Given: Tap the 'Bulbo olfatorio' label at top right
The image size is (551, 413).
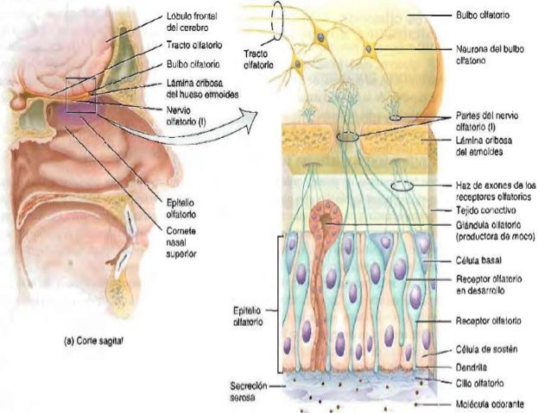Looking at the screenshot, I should tap(482, 15).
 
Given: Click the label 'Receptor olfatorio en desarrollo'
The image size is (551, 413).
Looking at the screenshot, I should tap(485, 285).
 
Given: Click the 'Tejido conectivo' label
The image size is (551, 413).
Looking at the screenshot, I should tap(484, 210).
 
